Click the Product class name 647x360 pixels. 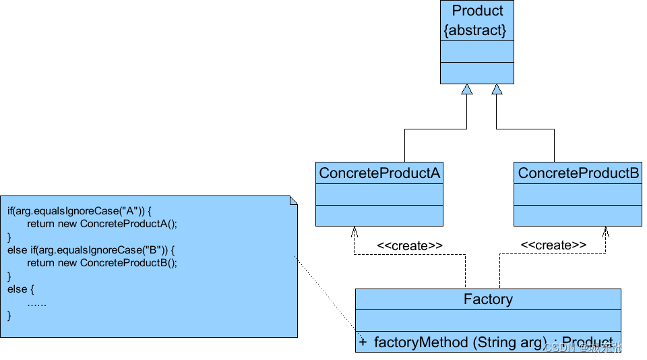point(477,11)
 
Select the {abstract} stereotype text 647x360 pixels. point(475,30)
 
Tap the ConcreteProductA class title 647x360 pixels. point(379,173)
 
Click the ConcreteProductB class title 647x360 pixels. point(578,173)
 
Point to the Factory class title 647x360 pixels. point(488,299)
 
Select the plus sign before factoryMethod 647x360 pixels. point(363,342)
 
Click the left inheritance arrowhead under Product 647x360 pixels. point(466,89)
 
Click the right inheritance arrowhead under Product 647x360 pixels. point(497,89)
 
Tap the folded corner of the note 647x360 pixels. point(292,200)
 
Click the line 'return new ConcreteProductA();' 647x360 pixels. point(102,224)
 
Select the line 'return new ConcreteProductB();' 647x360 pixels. point(102,263)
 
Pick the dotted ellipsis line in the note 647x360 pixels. point(36,303)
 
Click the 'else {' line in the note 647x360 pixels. point(21,289)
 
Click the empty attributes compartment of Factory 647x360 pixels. point(488,320)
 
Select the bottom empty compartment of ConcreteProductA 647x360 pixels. point(379,216)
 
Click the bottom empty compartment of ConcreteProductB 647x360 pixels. point(578,216)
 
